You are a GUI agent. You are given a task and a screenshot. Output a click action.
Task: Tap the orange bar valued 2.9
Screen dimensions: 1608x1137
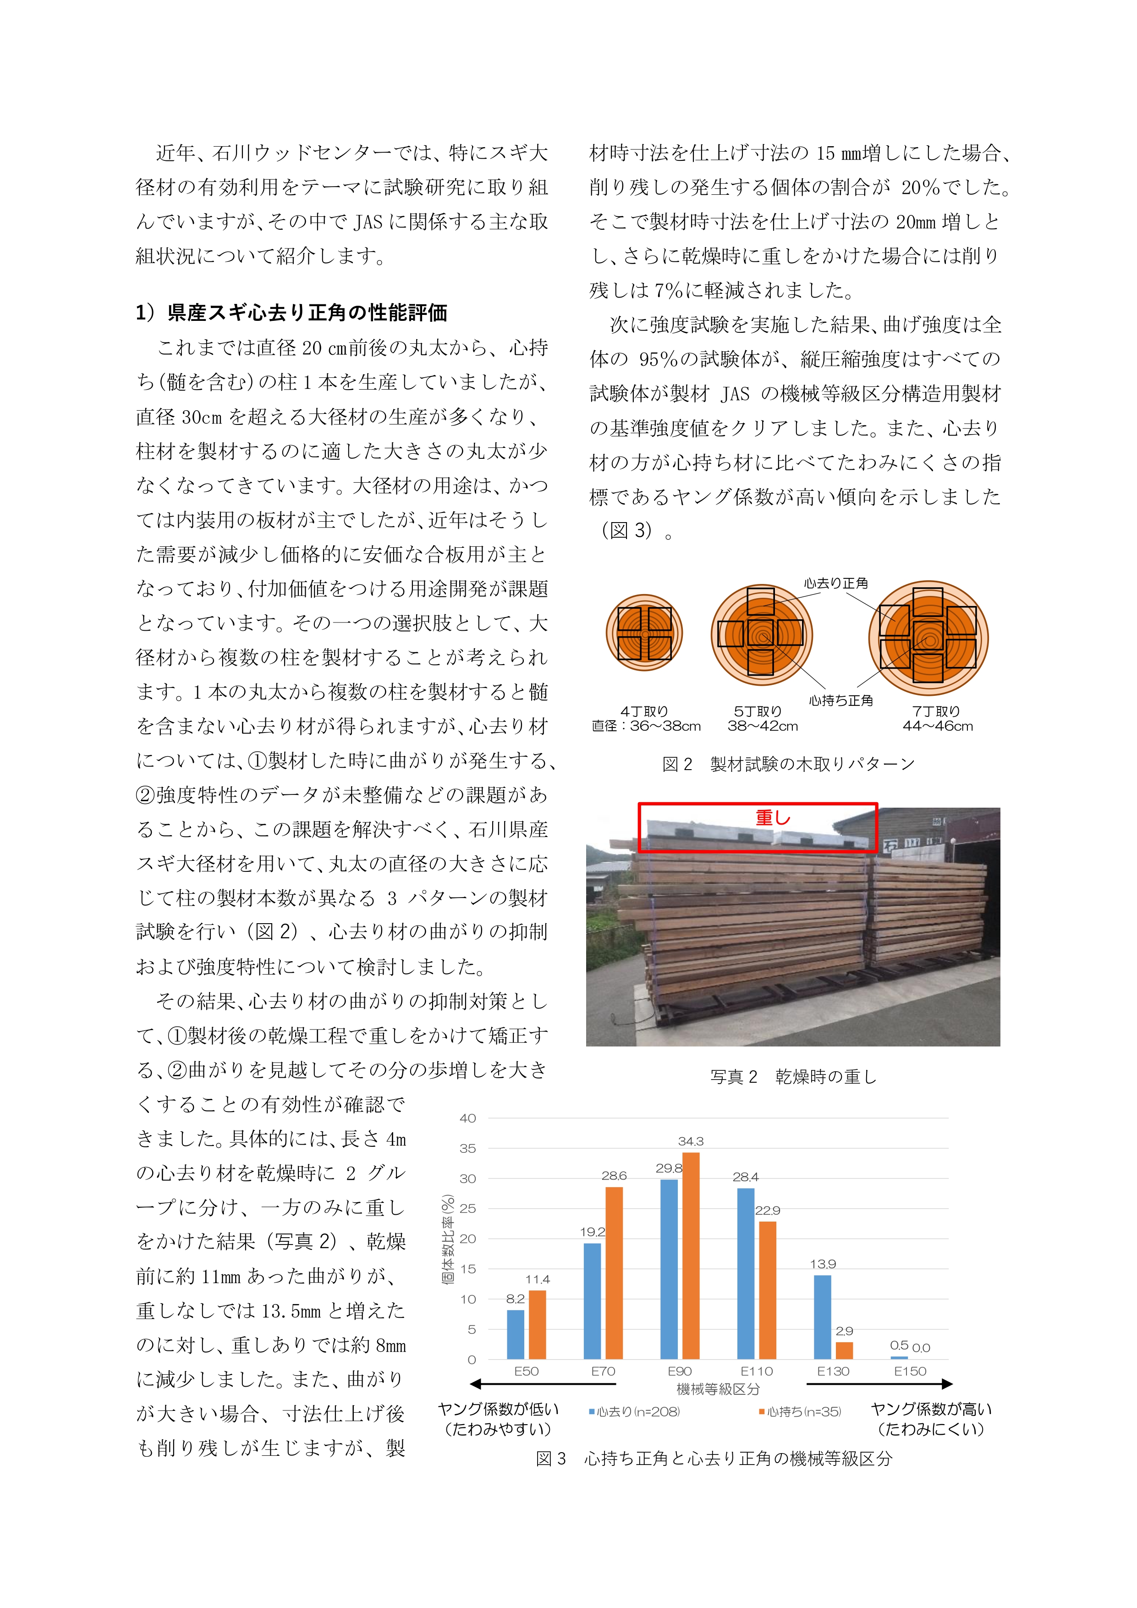pyautogui.click(x=844, y=1350)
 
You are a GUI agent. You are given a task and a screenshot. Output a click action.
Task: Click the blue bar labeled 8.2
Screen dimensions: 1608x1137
pyautogui.click(x=515, y=1334)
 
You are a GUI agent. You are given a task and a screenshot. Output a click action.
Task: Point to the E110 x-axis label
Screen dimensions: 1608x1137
pyautogui.click(x=756, y=1371)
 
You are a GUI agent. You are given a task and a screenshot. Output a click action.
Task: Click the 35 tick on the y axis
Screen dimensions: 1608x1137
pyautogui.click(x=468, y=1149)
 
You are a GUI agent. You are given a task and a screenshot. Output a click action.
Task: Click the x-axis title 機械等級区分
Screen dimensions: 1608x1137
pyautogui.click(x=718, y=1389)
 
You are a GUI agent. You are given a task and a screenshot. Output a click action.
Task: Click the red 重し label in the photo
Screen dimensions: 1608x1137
pyautogui.click(x=772, y=817)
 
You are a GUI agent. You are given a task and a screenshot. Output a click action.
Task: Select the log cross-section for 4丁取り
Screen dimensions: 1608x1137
pyautogui.click(x=644, y=633)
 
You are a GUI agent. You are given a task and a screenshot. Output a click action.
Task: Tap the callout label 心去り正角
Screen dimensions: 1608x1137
pyautogui.click(x=836, y=583)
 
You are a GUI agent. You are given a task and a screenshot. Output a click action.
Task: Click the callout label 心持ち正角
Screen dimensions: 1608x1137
pyautogui.click(x=841, y=700)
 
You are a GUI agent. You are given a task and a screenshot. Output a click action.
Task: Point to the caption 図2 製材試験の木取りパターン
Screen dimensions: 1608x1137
pyautogui.click(x=788, y=764)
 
